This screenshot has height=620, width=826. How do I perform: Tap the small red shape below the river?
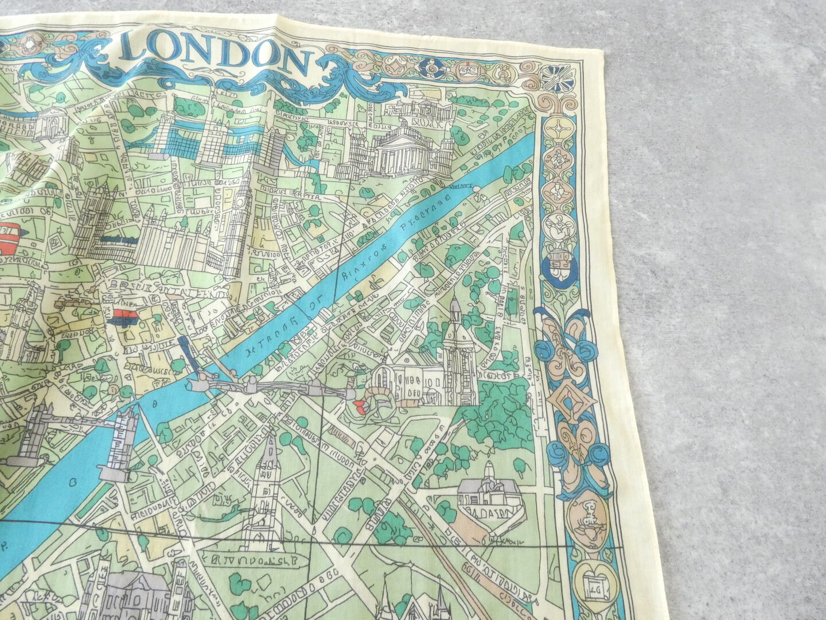click(360, 408)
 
